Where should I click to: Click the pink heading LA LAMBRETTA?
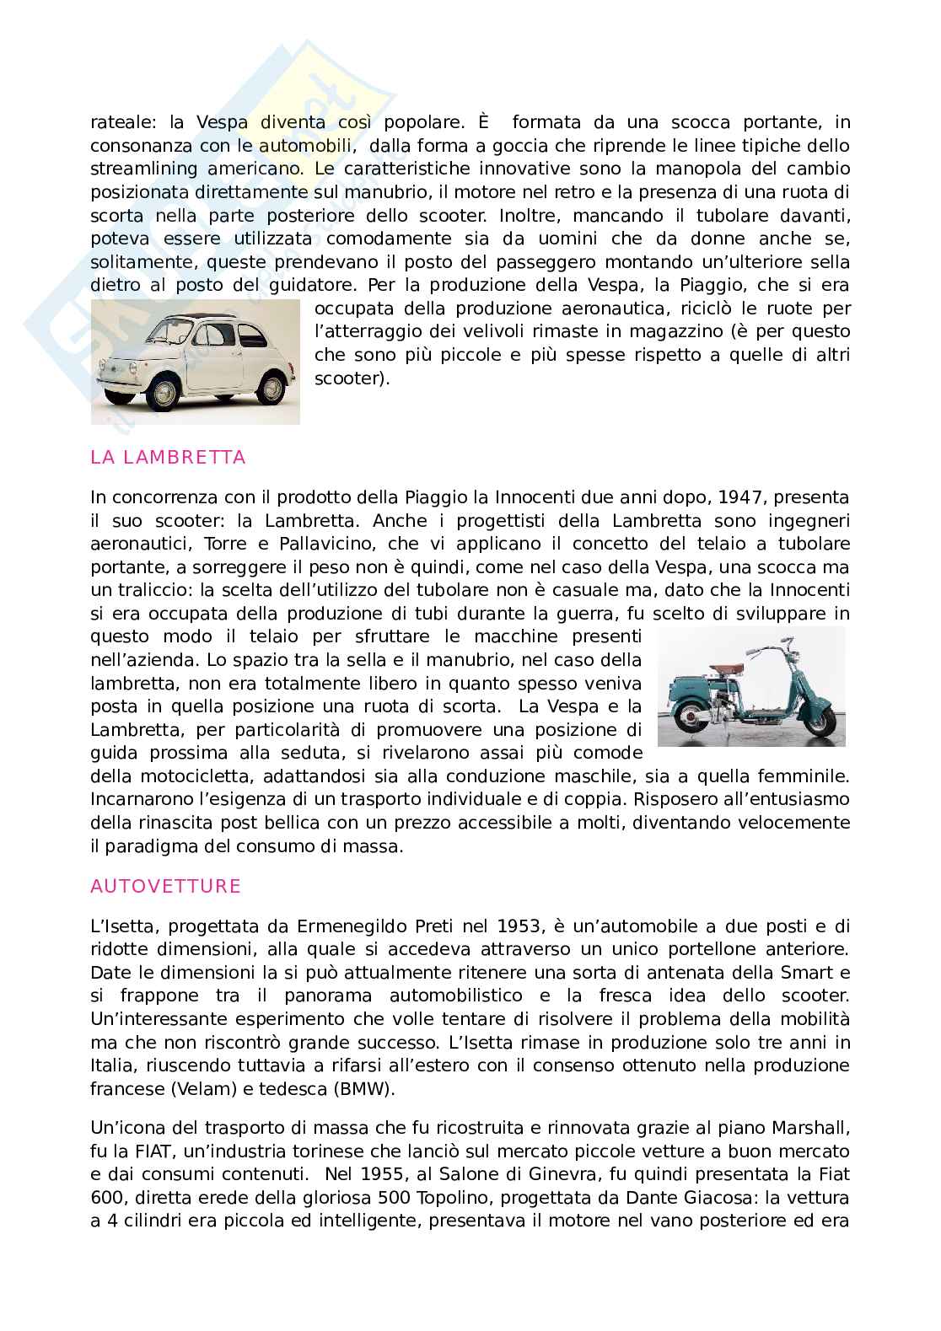[168, 458]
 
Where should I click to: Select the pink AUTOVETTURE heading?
[165, 886]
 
